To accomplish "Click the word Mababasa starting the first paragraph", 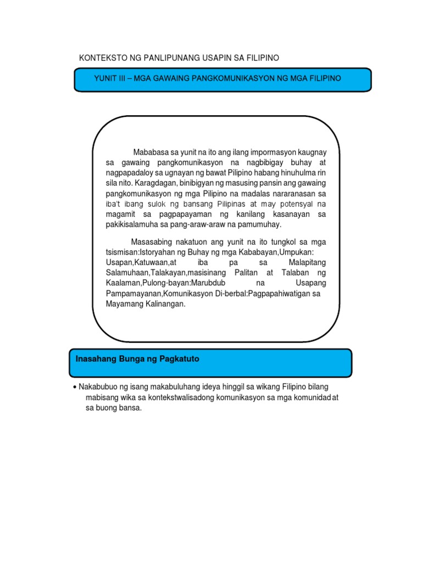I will coord(151,152).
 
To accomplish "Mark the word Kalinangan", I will coord(162,304).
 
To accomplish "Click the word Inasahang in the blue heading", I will coord(95,359).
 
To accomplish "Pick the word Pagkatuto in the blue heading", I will coord(178,359).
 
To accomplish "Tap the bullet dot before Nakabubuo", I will coord(74,387).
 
